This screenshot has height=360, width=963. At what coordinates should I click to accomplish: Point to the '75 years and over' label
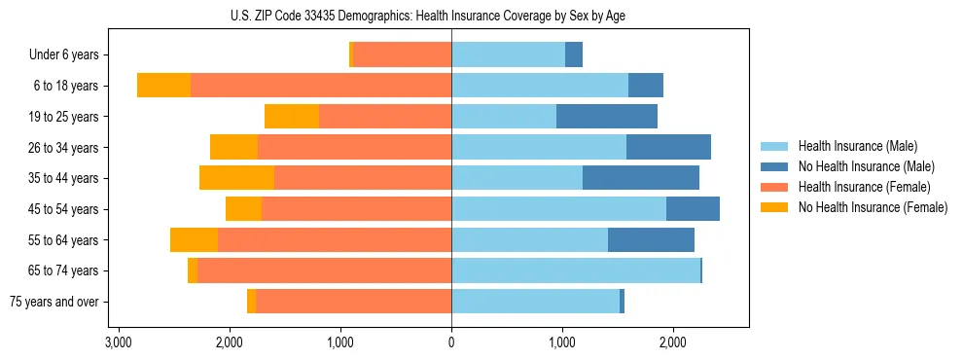[54, 302]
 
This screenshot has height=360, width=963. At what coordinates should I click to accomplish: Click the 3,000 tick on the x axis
[118, 342]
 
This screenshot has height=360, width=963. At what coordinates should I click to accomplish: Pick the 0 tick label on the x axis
[451, 342]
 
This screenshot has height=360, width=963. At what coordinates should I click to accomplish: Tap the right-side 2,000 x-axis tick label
[673, 342]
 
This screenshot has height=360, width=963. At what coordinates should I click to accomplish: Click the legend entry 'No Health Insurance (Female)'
[873, 207]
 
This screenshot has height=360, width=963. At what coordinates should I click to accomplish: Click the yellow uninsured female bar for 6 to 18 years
[163, 86]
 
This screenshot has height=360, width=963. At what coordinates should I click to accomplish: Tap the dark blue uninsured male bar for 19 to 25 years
[607, 117]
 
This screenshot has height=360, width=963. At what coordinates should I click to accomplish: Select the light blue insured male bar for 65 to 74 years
[576, 270]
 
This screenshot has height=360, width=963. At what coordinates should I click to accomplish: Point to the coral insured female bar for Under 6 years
[402, 55]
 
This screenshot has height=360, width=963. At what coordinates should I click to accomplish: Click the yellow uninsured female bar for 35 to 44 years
[236, 178]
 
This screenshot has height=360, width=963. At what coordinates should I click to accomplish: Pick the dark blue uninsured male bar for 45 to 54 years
[693, 209]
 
